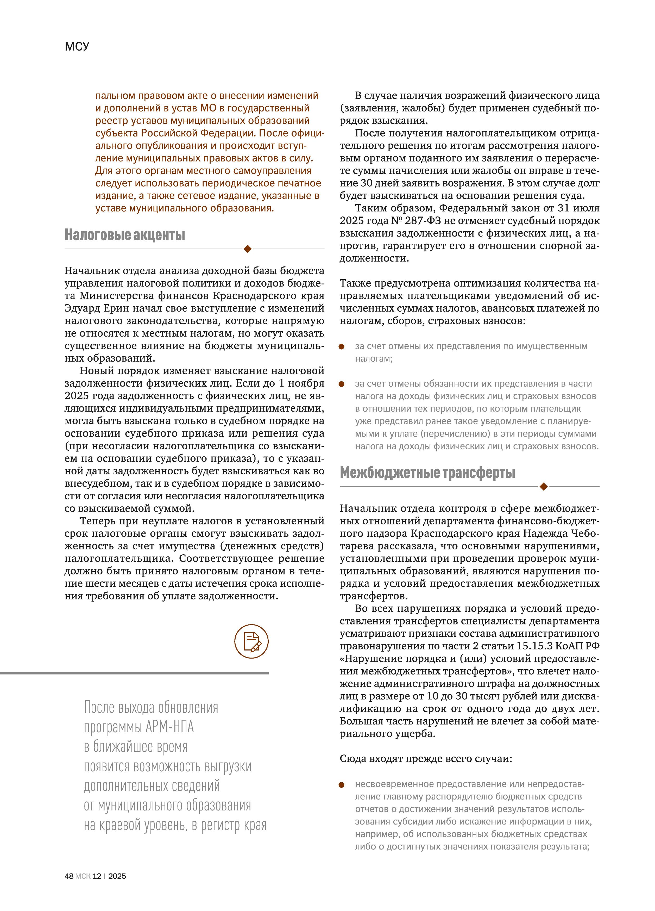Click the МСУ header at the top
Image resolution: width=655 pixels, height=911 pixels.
click(77, 47)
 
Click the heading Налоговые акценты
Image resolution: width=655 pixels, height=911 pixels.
click(125, 235)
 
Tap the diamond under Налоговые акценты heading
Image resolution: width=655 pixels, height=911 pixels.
click(248, 249)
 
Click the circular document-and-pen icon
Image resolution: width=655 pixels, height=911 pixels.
click(251, 641)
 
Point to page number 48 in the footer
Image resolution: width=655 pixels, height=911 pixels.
click(69, 876)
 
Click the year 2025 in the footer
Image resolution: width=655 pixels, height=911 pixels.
click(117, 876)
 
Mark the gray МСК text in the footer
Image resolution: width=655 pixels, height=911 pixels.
click(83, 876)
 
